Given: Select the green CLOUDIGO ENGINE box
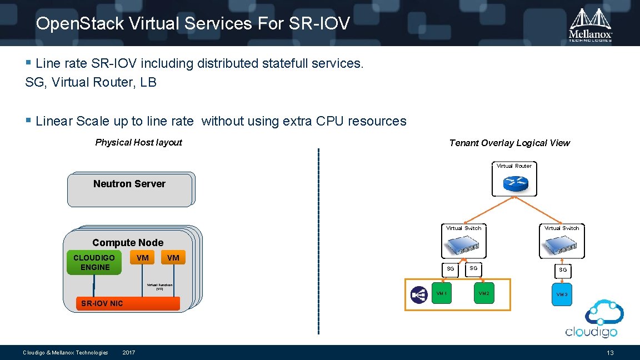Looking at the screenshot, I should click(94, 263).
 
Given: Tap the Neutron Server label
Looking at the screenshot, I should click(129, 184).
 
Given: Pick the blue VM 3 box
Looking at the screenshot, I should click(562, 294).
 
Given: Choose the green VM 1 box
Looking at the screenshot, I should click(442, 293).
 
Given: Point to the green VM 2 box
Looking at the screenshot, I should click(483, 293).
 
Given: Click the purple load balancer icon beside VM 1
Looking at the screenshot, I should click(418, 294).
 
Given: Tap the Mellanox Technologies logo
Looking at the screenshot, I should click(591, 25).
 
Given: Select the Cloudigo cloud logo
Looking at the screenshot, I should click(591, 319).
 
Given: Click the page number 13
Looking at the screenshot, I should click(610, 353).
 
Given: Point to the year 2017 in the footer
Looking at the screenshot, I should click(128, 353).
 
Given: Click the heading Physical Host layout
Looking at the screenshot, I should click(138, 142).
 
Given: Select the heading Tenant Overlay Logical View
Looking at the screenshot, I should click(509, 143).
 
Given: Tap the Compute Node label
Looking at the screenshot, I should click(128, 243).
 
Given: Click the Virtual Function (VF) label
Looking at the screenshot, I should click(159, 287).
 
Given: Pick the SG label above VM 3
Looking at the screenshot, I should click(563, 269).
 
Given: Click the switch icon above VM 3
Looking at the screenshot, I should click(562, 244).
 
